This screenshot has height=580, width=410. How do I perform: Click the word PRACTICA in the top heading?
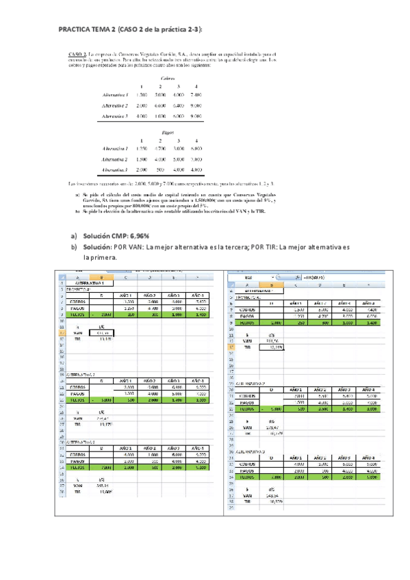coord(77,29)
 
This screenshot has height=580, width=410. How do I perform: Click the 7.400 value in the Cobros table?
coord(196,94)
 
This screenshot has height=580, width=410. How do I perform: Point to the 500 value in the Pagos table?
coord(159,170)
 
